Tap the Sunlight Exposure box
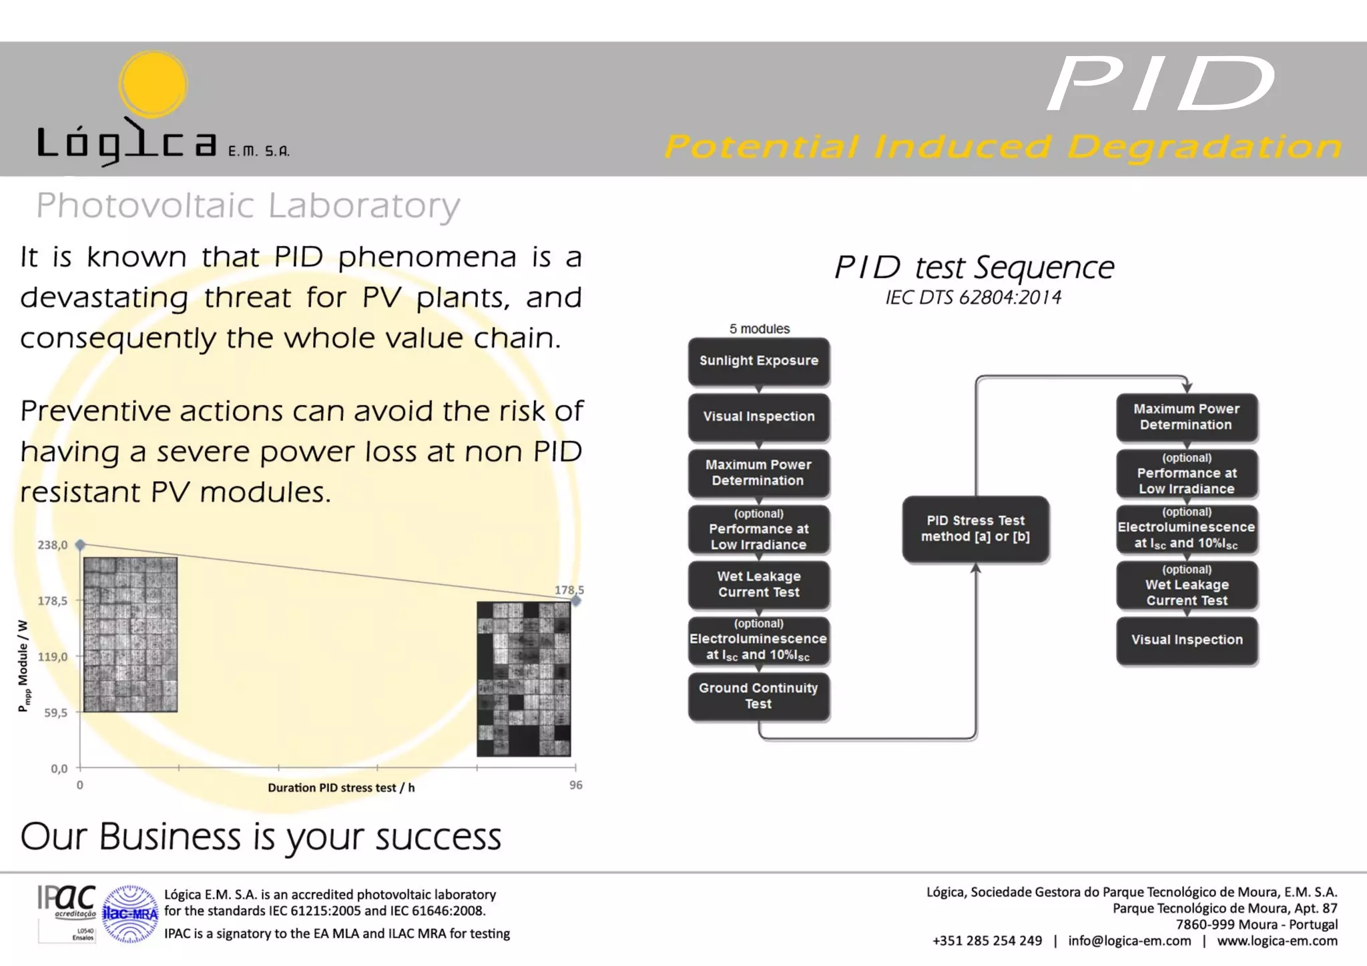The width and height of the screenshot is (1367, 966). click(759, 361)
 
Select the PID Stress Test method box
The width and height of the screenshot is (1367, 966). click(975, 529)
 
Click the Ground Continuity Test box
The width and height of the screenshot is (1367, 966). click(759, 696)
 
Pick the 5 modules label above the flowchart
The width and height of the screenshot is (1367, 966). click(759, 329)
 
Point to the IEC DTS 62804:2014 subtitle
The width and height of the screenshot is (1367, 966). click(973, 298)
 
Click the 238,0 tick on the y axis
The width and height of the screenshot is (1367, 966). click(52, 545)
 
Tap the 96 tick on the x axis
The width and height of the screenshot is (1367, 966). click(575, 785)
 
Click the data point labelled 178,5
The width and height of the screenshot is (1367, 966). click(576, 601)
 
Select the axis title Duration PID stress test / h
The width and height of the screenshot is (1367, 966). click(341, 788)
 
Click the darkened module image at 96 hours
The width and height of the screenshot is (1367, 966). click(524, 679)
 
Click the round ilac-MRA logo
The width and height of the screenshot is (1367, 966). click(130, 913)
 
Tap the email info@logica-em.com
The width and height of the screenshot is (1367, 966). click(1129, 941)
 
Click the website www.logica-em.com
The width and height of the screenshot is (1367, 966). click(1277, 941)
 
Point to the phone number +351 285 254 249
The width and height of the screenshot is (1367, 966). click(987, 941)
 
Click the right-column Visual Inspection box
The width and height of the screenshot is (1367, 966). click(1187, 640)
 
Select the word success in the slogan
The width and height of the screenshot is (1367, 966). click(438, 837)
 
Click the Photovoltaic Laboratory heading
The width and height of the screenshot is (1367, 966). click(248, 205)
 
